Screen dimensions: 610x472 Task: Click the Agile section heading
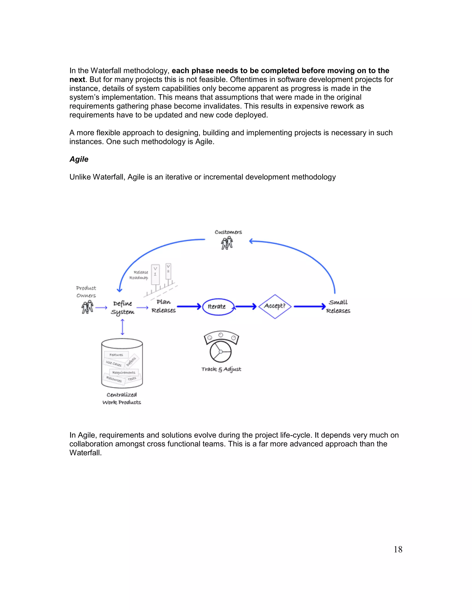[x=79, y=159]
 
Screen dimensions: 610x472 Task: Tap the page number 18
[x=398, y=549]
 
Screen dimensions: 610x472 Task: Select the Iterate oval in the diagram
[x=218, y=307]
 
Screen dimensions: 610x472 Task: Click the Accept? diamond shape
[x=275, y=306]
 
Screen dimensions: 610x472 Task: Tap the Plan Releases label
[x=164, y=306]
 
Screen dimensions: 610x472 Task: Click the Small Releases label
[x=338, y=306]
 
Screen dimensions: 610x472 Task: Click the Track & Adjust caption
[x=221, y=369]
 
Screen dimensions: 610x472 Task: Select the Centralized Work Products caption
[x=122, y=398]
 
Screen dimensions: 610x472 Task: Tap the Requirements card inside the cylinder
[x=124, y=372]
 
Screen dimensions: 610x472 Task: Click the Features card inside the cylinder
[x=116, y=355]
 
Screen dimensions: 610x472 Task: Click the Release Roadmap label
[x=139, y=275]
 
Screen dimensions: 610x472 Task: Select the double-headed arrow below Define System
[x=122, y=327]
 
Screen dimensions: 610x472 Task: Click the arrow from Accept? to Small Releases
[x=309, y=306]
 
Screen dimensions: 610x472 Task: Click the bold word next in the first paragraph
[x=77, y=80]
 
